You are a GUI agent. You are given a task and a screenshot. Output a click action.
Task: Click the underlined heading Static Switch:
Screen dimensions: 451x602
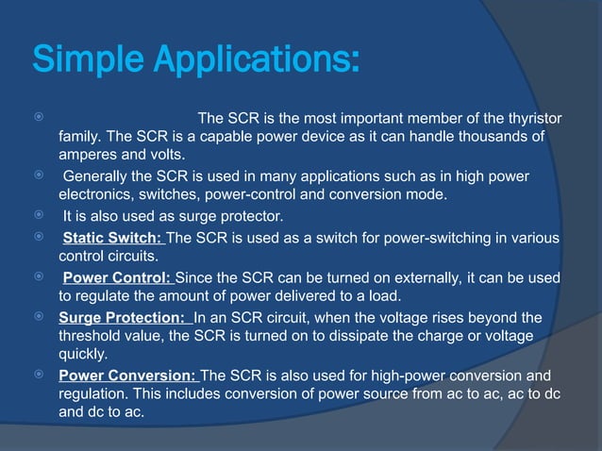112,237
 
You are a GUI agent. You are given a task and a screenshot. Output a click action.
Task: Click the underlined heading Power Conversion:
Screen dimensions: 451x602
129,376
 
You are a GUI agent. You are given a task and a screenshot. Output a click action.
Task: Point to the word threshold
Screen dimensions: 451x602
92,337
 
